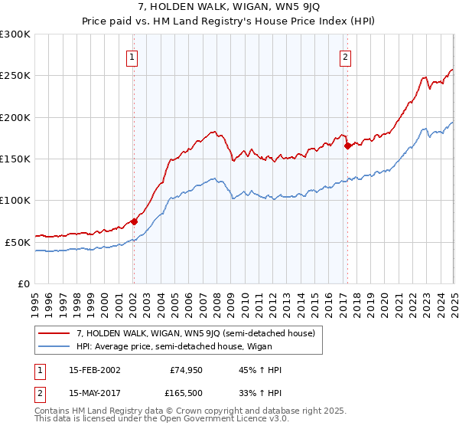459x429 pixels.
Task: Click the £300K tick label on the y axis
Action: click(x=15, y=34)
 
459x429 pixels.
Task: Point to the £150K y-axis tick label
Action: click(x=15, y=159)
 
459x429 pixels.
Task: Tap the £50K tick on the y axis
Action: click(x=18, y=242)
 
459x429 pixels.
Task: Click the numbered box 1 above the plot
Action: click(x=132, y=56)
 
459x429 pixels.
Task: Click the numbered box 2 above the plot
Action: click(x=345, y=56)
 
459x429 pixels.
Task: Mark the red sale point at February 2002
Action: click(x=134, y=221)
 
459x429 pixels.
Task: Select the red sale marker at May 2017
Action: click(x=347, y=146)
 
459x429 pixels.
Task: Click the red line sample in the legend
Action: click(x=54, y=332)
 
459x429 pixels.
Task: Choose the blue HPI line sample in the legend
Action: click(x=54, y=345)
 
